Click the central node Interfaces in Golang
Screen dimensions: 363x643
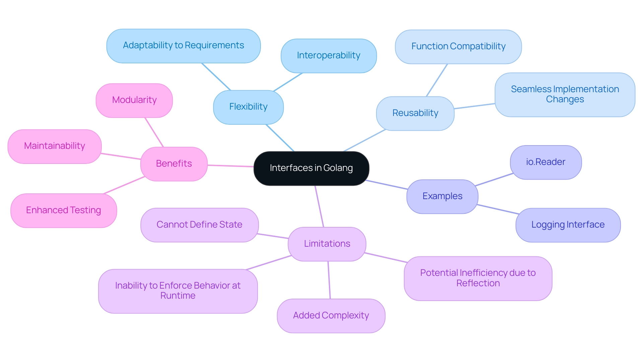311,168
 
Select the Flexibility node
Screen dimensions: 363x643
248,107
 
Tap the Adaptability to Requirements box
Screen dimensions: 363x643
183,46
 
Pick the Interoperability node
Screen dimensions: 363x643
329,56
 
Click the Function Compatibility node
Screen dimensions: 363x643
458,47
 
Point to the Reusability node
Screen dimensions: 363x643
415,113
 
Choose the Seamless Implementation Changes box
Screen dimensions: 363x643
565,95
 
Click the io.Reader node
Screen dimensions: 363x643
546,162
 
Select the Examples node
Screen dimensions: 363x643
442,196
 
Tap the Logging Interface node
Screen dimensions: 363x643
568,225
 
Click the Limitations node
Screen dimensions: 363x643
327,244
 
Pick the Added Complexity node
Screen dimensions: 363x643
331,316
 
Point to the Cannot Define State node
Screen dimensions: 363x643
199,225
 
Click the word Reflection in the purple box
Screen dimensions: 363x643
478,284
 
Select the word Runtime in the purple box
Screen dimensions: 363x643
178,296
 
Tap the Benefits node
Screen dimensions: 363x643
174,164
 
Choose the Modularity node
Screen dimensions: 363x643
134,100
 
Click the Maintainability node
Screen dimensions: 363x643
55,146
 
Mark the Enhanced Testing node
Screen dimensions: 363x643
64,210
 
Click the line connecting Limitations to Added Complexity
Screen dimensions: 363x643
329,280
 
